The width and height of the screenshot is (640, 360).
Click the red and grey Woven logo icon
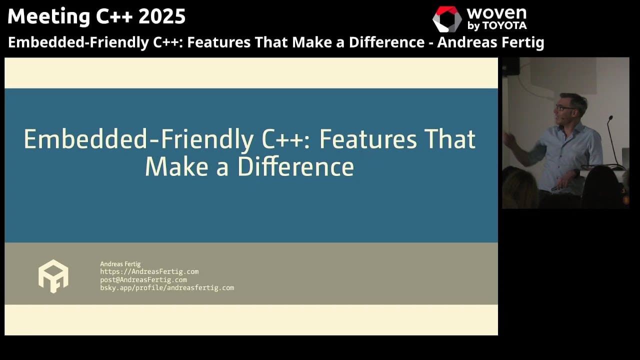click(x=446, y=19)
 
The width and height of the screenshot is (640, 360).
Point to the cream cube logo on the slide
click(x=53, y=276)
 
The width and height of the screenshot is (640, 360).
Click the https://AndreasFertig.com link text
click(x=149, y=271)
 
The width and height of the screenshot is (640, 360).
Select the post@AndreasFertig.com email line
click(x=143, y=279)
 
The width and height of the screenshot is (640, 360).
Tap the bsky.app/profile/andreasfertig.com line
click(x=167, y=287)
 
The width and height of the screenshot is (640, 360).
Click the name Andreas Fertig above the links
click(x=120, y=264)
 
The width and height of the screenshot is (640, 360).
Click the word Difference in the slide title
click(x=295, y=166)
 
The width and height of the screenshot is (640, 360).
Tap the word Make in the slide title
click(x=172, y=166)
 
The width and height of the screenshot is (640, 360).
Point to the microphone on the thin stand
click(x=610, y=118)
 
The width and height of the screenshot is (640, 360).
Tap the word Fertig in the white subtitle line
click(x=520, y=42)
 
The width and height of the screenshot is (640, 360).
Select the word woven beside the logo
click(x=496, y=12)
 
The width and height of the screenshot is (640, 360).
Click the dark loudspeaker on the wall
click(x=510, y=66)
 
